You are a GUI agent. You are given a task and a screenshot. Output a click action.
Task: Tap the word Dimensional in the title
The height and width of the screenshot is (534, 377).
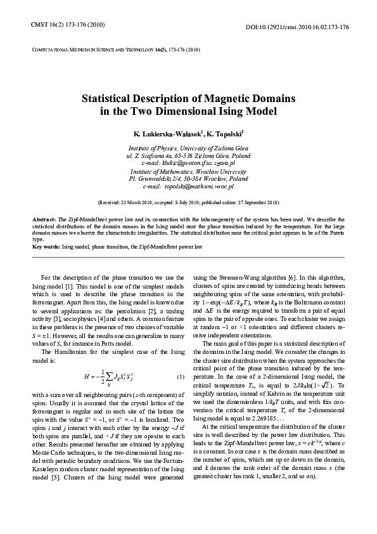[x=196, y=112]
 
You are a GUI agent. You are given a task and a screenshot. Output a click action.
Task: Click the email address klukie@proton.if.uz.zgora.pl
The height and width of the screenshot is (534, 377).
[x=189, y=163]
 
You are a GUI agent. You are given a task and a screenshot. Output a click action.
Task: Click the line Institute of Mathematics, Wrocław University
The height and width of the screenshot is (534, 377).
[x=188, y=171]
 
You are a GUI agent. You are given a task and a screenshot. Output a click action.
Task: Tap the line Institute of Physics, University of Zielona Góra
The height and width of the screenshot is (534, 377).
[x=189, y=147]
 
